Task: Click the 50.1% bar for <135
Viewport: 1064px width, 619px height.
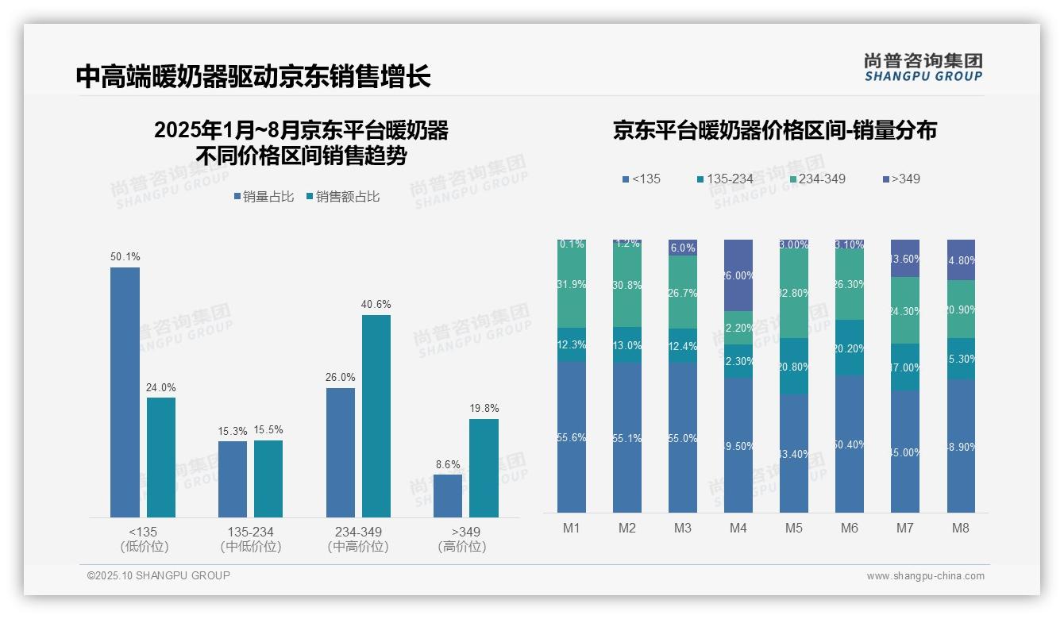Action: [125, 392]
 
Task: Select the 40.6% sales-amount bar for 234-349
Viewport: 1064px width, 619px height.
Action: [376, 416]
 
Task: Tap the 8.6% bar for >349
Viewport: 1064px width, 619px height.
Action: [448, 496]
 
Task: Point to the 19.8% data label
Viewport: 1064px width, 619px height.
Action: [484, 409]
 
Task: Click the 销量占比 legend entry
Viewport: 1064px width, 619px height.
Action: [264, 197]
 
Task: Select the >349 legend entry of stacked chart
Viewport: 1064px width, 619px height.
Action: [900, 179]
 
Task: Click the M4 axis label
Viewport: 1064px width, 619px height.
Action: [738, 528]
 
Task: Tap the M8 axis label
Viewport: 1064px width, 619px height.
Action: [961, 528]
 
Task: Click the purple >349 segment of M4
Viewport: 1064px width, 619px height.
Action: [738, 275]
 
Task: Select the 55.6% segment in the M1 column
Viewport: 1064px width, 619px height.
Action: [572, 437]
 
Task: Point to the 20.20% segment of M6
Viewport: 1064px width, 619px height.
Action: [850, 348]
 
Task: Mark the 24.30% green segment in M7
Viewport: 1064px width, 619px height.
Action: [905, 310]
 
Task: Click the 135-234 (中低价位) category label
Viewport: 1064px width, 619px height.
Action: [251, 539]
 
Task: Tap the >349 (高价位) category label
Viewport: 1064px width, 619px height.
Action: [462, 539]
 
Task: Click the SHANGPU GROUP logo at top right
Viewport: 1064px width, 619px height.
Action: [923, 67]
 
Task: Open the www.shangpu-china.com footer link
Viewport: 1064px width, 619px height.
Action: [925, 576]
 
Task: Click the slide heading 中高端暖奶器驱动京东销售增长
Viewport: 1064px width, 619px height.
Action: [253, 77]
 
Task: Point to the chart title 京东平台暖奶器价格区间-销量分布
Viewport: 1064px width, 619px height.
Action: [774, 130]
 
